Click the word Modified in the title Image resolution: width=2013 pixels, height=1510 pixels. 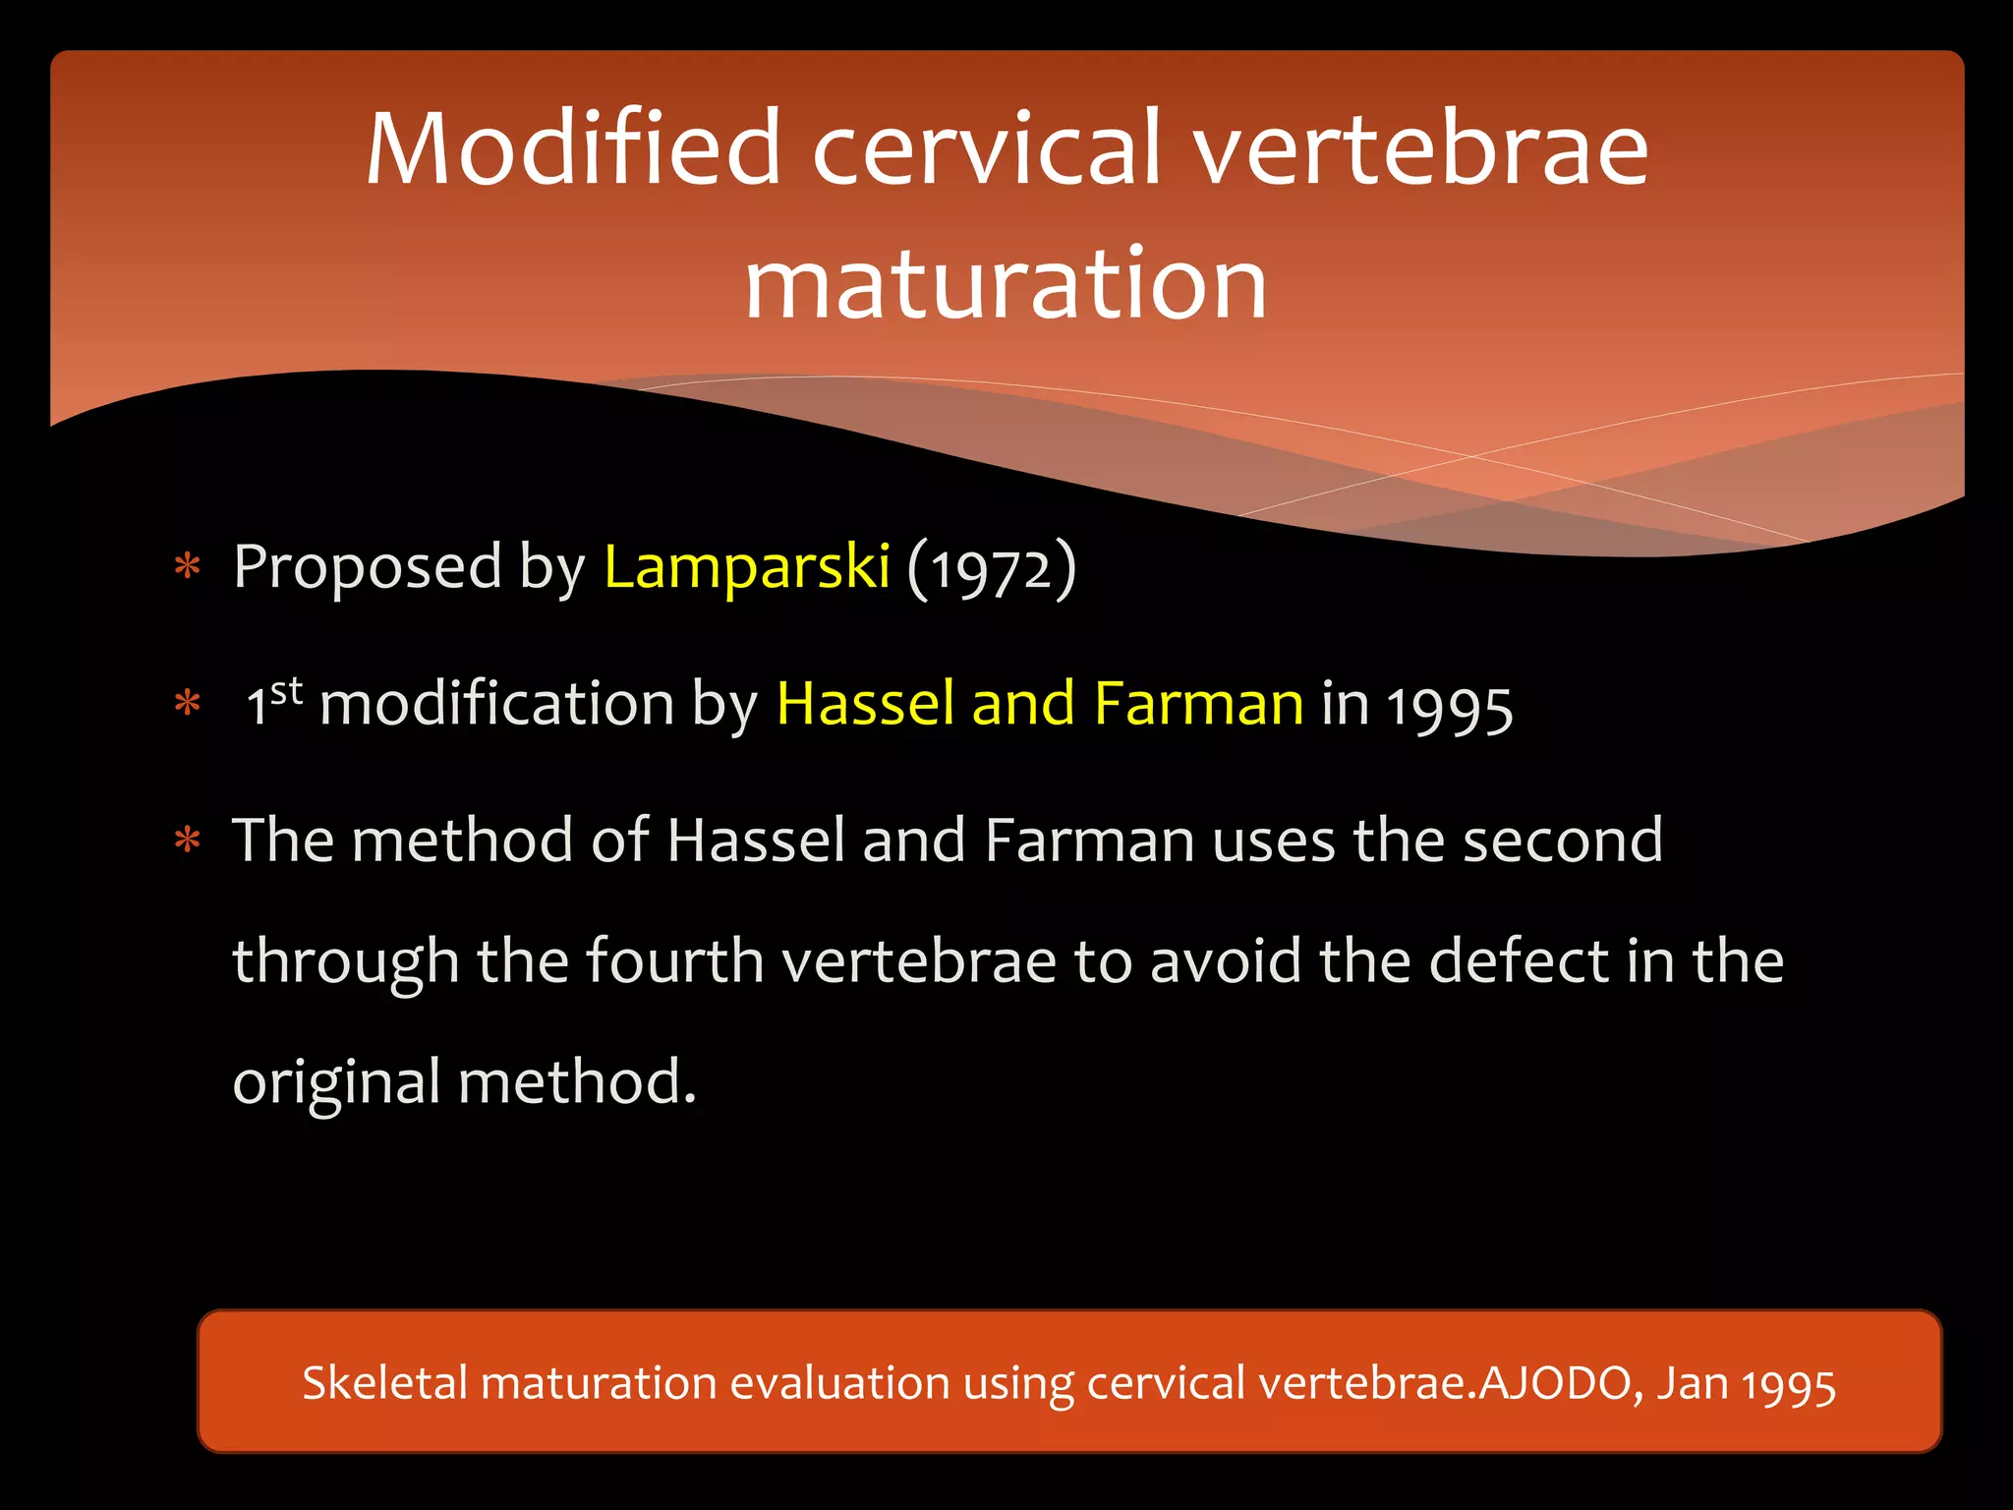[573, 149]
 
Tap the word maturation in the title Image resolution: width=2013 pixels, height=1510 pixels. [1006, 284]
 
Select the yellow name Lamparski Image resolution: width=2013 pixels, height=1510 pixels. [747, 567]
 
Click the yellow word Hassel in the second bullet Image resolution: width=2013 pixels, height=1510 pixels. [865, 704]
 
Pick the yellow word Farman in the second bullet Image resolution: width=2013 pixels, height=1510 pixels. [1198, 704]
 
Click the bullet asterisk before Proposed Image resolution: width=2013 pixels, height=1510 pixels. [187, 569]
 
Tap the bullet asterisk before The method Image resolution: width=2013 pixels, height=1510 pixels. [187, 842]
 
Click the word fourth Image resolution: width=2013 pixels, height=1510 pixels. [675, 960]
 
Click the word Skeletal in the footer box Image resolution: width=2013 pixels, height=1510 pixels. [384, 1383]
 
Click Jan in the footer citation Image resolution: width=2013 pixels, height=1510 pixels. [1694, 1383]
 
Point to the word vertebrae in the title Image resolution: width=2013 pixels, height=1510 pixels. [1420, 149]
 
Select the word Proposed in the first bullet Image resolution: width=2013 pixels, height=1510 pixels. [368, 567]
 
